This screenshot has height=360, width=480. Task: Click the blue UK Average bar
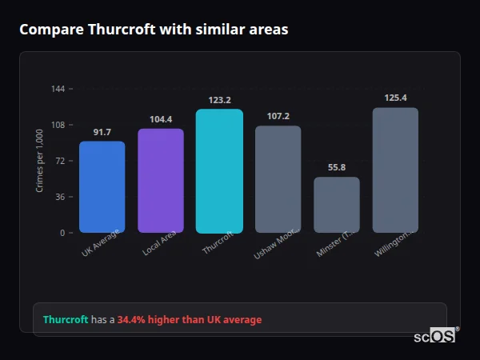click(102, 187)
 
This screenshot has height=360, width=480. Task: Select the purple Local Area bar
click(161, 181)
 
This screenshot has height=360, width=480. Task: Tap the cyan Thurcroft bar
click(219, 171)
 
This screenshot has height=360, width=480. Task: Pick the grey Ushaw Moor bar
click(278, 179)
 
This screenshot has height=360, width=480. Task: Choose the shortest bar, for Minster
click(337, 205)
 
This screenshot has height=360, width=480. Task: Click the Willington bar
click(395, 170)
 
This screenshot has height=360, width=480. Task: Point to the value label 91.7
click(102, 132)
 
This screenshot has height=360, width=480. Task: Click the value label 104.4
click(161, 119)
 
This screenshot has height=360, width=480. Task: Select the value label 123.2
click(219, 100)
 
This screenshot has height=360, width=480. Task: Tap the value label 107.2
click(278, 116)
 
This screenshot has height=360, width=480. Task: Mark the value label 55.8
click(337, 167)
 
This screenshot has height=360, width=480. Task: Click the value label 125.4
click(395, 98)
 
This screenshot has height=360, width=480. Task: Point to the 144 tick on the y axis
click(58, 89)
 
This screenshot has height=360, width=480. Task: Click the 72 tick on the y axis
click(60, 161)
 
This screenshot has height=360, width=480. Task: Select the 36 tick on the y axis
click(60, 197)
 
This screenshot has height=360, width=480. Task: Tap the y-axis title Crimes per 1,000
click(40, 161)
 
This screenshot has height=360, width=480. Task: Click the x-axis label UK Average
click(101, 243)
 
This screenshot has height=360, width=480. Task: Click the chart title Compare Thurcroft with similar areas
click(154, 30)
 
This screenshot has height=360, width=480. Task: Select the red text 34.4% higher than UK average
click(190, 320)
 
